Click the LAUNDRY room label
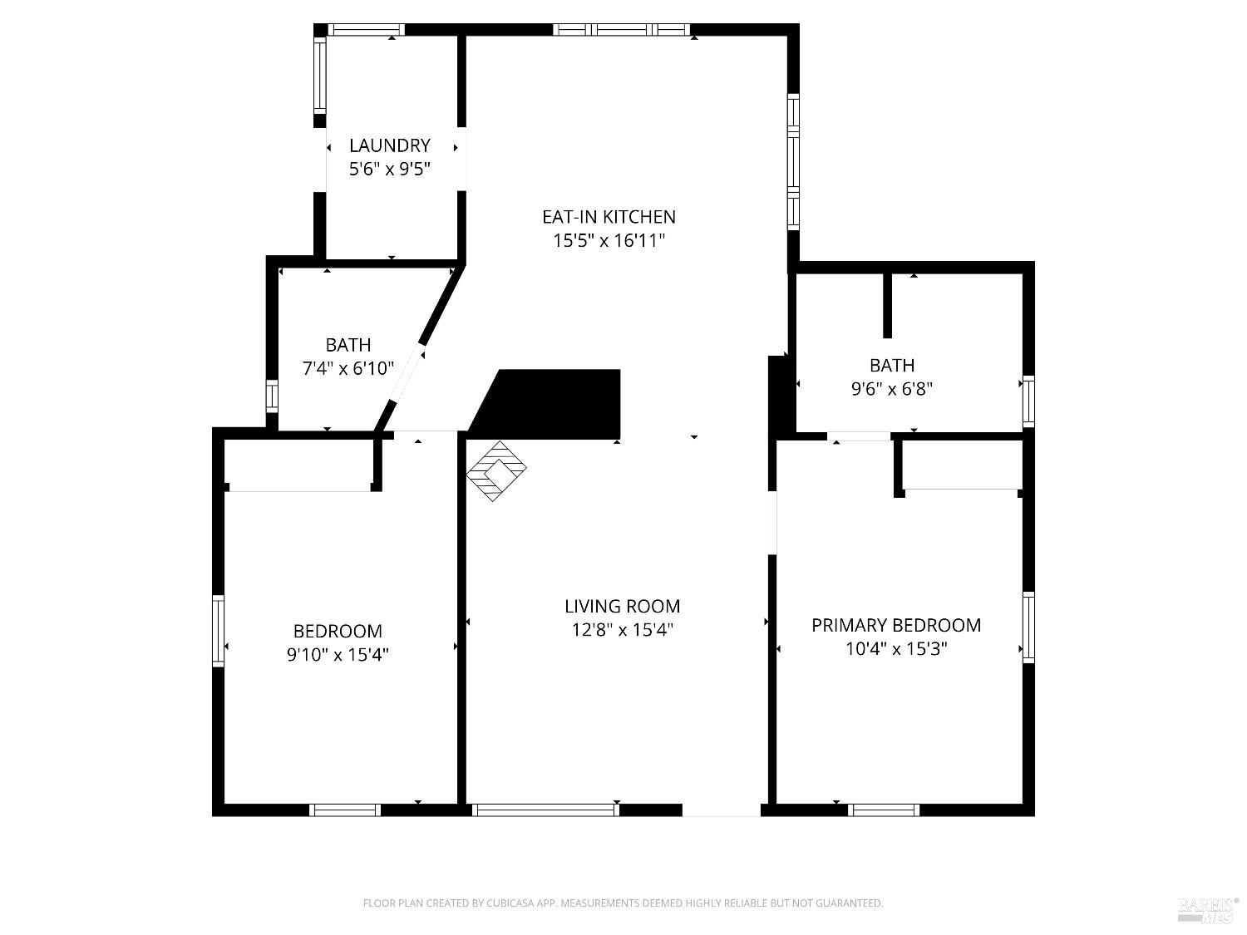coord(389,145)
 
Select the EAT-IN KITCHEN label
coord(609,217)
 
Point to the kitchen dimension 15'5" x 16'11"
coord(609,241)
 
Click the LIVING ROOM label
coord(622,607)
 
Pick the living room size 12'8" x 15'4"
coord(622,630)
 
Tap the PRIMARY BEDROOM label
coord(896,625)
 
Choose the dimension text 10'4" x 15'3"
coord(896,649)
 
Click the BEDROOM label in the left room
coord(338,632)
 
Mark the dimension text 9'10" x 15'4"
coord(338,655)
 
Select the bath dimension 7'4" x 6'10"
coord(347,368)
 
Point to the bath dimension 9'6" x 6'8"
coord(892,389)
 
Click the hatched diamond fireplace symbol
coord(496,470)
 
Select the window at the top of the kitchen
coord(621,30)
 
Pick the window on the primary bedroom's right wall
coord(1028,627)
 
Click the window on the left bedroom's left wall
coord(219,630)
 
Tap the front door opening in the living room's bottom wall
coord(721,810)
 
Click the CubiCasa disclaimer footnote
coord(623,903)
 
